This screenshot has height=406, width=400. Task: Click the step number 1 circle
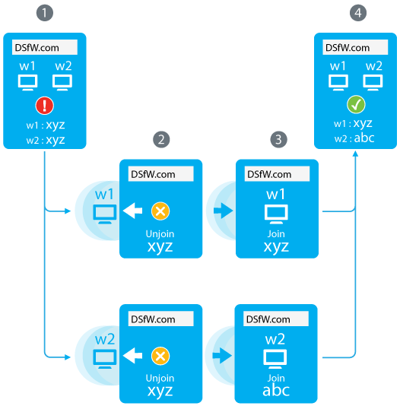pyautogui.click(x=45, y=13)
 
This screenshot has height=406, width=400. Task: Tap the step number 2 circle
pyautogui.click(x=161, y=140)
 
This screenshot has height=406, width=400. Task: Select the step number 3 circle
pyautogui.click(x=278, y=140)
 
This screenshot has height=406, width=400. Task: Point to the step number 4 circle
pyautogui.click(x=358, y=13)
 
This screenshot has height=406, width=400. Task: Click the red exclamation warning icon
pyautogui.click(x=45, y=106)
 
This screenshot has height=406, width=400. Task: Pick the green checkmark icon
pyautogui.click(x=356, y=105)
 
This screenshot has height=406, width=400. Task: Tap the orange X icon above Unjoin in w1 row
pyautogui.click(x=160, y=211)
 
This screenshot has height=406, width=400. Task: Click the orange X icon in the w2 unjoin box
pyautogui.click(x=160, y=356)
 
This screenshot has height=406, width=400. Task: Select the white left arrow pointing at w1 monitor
pyautogui.click(x=132, y=211)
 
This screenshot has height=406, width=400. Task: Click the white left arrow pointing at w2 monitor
pyautogui.click(x=132, y=356)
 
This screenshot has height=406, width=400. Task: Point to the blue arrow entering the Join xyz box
pyautogui.click(x=223, y=211)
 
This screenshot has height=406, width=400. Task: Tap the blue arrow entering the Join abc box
pyautogui.click(x=222, y=356)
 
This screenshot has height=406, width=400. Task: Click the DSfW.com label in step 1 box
pyautogui.click(x=37, y=48)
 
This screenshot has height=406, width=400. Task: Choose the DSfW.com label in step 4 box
pyautogui.click(x=348, y=48)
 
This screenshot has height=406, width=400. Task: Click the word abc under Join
pyautogui.click(x=276, y=391)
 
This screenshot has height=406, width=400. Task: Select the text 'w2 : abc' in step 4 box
pyautogui.click(x=354, y=138)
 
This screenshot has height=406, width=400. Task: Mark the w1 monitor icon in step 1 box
pyautogui.click(x=27, y=83)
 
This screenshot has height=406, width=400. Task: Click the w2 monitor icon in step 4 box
pyautogui.click(x=373, y=83)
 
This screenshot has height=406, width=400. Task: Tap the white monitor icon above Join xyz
pyautogui.click(x=276, y=214)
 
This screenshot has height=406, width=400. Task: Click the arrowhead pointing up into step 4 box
pyautogui.click(x=355, y=154)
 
